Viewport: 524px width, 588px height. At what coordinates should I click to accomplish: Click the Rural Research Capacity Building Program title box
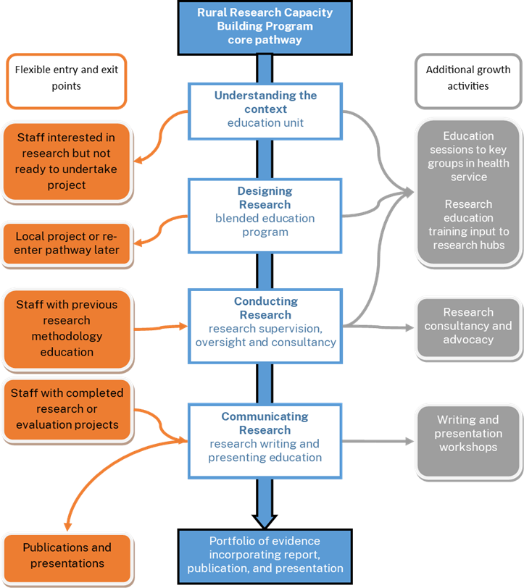[265, 27]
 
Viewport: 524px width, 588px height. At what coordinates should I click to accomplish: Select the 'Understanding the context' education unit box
[265, 109]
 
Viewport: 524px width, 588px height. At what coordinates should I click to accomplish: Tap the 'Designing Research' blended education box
[265, 211]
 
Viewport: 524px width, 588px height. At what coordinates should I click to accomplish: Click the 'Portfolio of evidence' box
[265, 555]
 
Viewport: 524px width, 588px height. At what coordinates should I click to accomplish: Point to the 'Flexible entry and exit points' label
[66, 78]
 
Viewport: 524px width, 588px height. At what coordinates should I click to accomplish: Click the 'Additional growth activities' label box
[467, 78]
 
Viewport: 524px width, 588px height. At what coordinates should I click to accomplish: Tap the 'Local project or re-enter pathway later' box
[66, 243]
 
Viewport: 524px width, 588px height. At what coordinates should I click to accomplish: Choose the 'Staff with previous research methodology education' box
[66, 328]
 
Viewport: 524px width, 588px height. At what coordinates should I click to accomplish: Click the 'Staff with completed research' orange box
[66, 408]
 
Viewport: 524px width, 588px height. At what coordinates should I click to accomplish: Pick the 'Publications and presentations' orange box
[66, 555]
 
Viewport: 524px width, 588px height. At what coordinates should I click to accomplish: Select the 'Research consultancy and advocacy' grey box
[467, 326]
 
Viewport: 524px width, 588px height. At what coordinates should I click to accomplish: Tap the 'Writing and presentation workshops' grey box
[467, 434]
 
